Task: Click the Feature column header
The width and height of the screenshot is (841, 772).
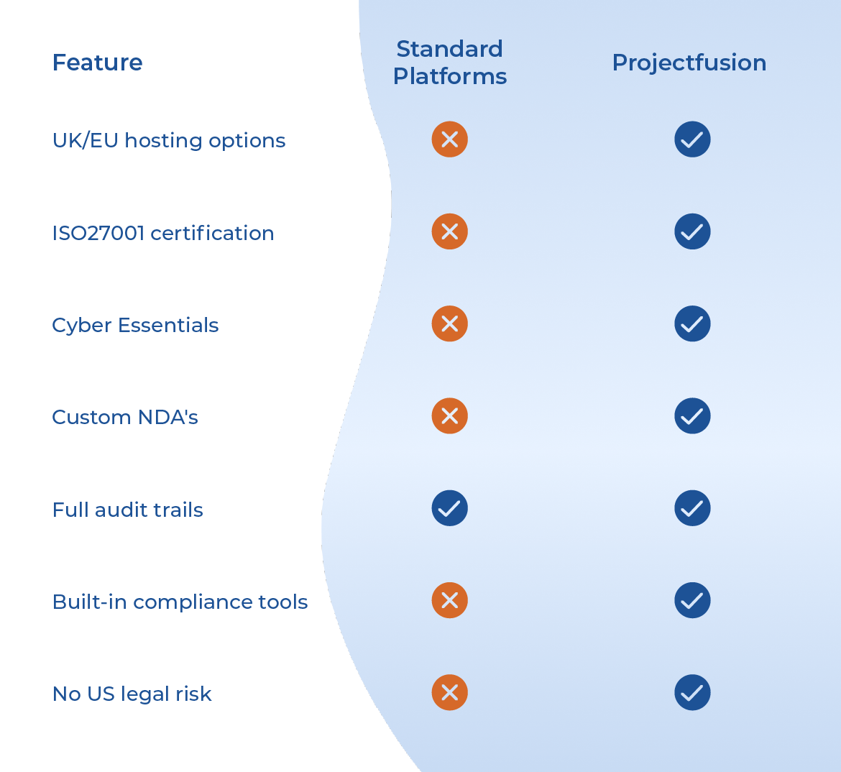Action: point(98,63)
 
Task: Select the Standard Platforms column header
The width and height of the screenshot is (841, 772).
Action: point(450,63)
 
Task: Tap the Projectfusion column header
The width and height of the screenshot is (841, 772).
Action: point(689,63)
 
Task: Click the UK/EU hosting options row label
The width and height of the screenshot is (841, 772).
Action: point(169,140)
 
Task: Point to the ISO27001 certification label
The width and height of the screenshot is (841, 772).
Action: point(163,233)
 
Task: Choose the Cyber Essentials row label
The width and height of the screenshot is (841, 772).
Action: point(135,325)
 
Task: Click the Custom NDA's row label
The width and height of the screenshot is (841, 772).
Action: point(125,417)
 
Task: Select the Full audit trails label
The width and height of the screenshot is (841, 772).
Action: point(128,510)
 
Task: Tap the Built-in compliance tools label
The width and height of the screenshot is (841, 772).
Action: point(180,602)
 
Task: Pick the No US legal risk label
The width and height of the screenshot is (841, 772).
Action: point(132,694)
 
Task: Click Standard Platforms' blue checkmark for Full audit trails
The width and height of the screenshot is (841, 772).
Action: point(450,508)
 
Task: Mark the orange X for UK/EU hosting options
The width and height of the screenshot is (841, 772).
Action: point(450,139)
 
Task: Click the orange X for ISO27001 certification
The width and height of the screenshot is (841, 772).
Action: point(450,231)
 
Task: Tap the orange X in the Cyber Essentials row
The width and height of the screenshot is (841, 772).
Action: point(450,323)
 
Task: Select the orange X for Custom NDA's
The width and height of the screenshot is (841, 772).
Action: point(450,415)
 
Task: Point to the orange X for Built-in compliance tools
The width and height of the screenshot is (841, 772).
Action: point(450,600)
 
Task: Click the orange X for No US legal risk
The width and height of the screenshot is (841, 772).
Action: point(450,692)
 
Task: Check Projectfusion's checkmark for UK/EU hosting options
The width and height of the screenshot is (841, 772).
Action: point(692,139)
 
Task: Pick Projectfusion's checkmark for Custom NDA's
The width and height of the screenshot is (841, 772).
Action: point(692,415)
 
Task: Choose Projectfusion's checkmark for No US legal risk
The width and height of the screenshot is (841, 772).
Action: point(692,692)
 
